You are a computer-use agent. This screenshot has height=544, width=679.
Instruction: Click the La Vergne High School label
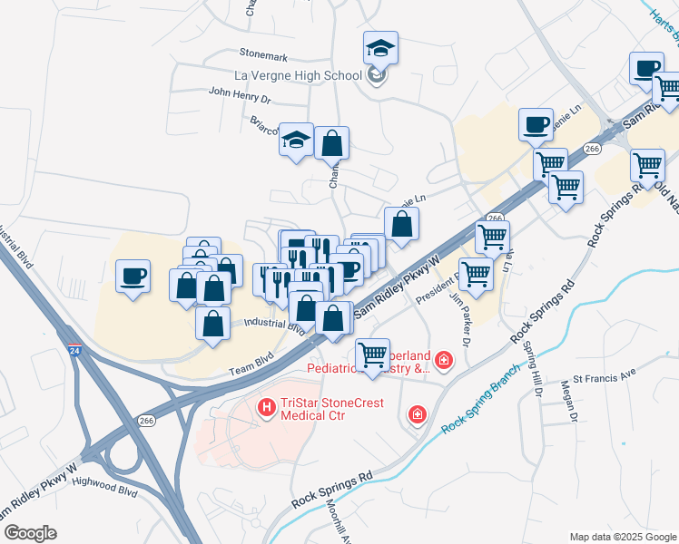(x=299, y=74)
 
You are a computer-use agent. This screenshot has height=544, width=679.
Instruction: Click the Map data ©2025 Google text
(x=622, y=537)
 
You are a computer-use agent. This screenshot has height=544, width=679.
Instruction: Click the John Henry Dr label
(x=240, y=92)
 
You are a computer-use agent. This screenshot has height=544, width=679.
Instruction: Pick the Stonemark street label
(x=263, y=54)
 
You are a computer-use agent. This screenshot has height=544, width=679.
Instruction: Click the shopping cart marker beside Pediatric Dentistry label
(x=372, y=353)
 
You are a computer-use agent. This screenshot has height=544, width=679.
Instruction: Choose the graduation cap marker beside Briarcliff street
(x=296, y=141)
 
